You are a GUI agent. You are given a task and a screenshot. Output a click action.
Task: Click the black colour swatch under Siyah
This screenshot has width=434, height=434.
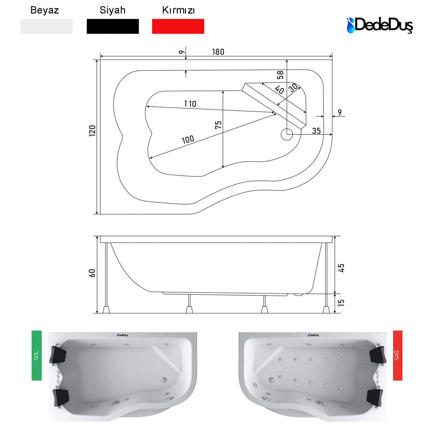[113, 26]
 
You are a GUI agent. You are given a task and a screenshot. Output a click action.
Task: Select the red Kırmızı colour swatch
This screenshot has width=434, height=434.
[178, 26]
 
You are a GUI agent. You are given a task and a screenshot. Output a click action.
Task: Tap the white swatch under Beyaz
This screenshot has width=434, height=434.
[46, 26]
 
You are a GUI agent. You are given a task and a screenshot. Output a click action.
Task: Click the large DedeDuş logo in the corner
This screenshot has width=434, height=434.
[380, 26]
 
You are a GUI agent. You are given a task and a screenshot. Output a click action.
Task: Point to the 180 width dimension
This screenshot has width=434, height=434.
[218, 52]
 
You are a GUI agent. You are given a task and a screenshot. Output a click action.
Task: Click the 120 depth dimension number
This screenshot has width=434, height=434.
[92, 131]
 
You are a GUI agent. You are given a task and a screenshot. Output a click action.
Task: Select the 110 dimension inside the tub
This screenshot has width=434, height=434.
[190, 104]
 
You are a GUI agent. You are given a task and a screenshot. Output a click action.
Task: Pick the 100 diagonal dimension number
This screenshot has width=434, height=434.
[188, 139]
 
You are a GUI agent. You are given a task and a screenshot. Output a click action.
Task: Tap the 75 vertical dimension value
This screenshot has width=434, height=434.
[218, 125]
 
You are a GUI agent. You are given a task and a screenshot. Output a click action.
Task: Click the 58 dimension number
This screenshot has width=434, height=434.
[280, 75]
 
